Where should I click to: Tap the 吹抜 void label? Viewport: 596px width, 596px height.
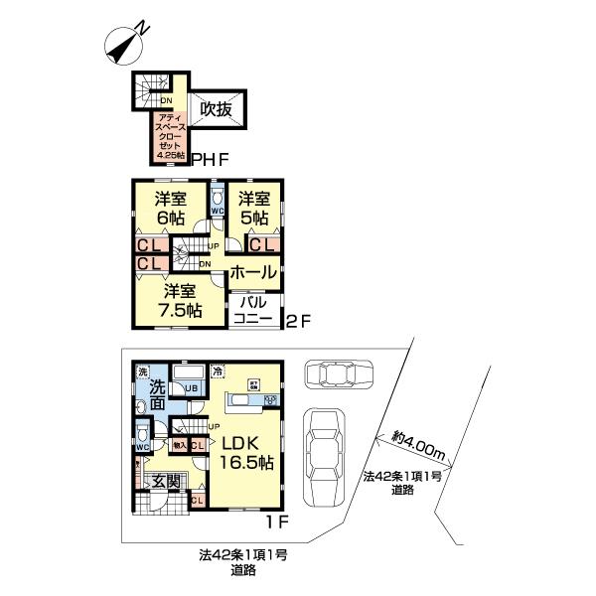click(217, 110)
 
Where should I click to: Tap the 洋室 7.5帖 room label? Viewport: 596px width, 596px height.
click(183, 300)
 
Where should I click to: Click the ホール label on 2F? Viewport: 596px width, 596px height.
click(253, 270)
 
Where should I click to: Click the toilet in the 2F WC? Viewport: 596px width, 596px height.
click(218, 200)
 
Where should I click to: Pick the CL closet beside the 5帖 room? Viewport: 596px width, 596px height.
click(262, 244)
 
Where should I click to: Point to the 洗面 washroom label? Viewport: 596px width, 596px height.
click(158, 395)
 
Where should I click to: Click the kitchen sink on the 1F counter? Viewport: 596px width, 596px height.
click(268, 400)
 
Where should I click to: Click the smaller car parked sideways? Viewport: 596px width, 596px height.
click(336, 374)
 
